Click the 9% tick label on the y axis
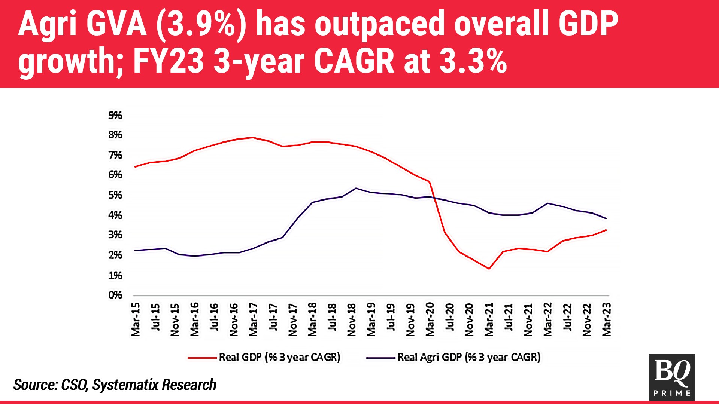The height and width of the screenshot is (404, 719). click(115, 116)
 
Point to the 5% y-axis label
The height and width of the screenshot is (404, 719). click(115, 195)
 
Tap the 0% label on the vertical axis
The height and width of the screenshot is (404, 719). click(115, 295)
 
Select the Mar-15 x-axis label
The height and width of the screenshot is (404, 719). click(136, 319)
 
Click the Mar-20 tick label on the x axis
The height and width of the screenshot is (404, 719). click(430, 319)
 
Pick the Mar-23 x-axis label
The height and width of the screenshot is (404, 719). click(606, 319)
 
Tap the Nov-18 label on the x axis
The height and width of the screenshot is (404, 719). click(351, 319)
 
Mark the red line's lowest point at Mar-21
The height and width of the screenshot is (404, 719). click(489, 269)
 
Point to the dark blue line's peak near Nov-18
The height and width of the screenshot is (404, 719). click(356, 188)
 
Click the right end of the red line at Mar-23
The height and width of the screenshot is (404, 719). click(606, 230)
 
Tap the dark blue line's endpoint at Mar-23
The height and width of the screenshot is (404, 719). click(606, 218)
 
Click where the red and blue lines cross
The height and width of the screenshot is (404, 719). click(434, 198)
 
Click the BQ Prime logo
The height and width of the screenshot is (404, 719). click(672, 377)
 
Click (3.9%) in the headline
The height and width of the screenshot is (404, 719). click(201, 24)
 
